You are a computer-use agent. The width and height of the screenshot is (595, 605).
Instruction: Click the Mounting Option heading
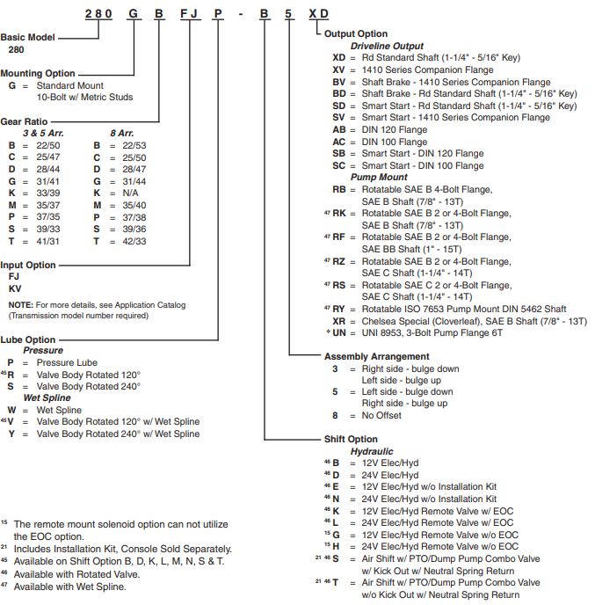coord(41,74)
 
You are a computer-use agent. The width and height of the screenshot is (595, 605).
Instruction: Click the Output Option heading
coord(357,34)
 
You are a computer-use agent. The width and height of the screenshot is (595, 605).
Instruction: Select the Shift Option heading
coord(351,440)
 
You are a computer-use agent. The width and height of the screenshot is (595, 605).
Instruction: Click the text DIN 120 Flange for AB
coord(395,129)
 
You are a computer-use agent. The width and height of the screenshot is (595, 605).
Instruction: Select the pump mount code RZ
coord(338,261)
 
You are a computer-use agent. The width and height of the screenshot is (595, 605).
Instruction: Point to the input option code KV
coord(15,288)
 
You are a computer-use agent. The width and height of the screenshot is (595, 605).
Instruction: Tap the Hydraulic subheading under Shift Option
coord(372,452)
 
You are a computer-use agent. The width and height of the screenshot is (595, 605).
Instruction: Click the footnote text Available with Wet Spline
coord(69,586)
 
